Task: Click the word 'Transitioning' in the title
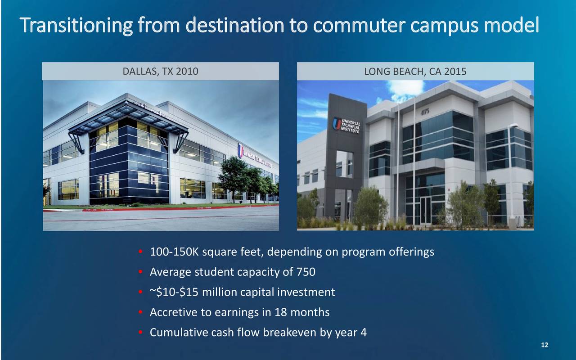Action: [76, 26]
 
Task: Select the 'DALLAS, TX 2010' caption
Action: [161, 72]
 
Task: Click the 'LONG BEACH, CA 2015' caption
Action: [415, 72]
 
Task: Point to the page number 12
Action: [544, 345]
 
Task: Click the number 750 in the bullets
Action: [306, 272]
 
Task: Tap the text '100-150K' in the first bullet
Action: [174, 252]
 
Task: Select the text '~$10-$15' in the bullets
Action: [174, 292]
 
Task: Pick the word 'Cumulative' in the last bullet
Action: [179, 332]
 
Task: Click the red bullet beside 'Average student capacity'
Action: [140, 271]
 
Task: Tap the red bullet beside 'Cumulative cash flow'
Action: [140, 332]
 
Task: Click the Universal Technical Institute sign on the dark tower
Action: [346, 126]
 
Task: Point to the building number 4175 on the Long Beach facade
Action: [425, 112]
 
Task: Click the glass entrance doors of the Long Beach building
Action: [425, 210]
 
